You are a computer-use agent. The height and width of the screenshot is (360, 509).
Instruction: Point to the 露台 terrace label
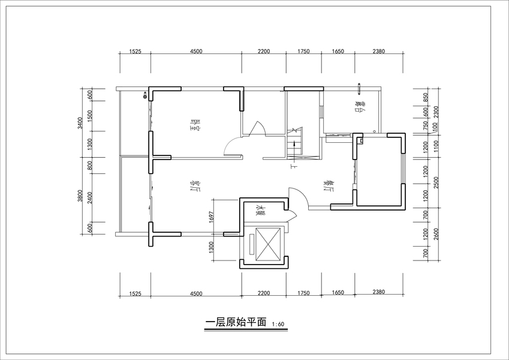pyautogui.click(x=360, y=107)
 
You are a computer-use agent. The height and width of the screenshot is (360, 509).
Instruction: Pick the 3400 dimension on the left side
pyautogui.click(x=80, y=124)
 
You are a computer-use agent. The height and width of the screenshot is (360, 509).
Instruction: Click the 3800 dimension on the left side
pyautogui.click(x=80, y=196)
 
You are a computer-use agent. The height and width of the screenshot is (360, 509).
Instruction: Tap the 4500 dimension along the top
pyautogui.click(x=196, y=52)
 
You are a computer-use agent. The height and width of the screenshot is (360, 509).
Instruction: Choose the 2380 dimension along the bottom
pyautogui.click(x=378, y=292)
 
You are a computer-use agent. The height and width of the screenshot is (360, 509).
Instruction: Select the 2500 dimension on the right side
pyautogui.click(x=436, y=182)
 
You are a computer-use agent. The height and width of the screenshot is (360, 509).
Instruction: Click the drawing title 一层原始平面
pyautogui.click(x=236, y=322)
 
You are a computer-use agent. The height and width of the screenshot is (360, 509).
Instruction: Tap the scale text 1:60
pyautogui.click(x=278, y=325)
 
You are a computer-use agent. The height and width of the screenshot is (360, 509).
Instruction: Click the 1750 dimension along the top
pyautogui.click(x=303, y=52)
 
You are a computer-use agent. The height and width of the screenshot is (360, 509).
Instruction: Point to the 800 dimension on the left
pyautogui.click(x=89, y=165)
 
